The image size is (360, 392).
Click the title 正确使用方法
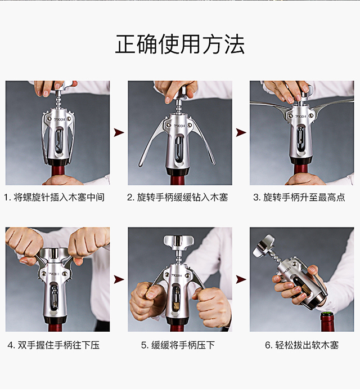[180, 44]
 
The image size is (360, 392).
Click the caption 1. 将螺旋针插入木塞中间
[54, 198]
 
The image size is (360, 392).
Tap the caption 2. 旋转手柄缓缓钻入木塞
[178, 198]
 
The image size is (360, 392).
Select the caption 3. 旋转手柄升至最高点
[299, 198]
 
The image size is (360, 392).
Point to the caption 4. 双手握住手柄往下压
[53, 345]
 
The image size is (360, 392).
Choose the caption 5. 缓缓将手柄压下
[178, 345]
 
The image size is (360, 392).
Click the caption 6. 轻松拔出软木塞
[302, 345]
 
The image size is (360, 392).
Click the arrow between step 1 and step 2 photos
[119, 132]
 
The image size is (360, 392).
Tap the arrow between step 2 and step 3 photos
[241, 132]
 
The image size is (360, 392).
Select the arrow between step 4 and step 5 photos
[119, 279]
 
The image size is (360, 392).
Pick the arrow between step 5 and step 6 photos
[241, 279]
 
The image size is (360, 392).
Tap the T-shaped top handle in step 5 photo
[178, 241]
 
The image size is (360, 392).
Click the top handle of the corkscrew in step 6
[263, 245]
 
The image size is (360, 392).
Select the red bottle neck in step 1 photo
[58, 172]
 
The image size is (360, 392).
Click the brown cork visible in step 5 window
[177, 306]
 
